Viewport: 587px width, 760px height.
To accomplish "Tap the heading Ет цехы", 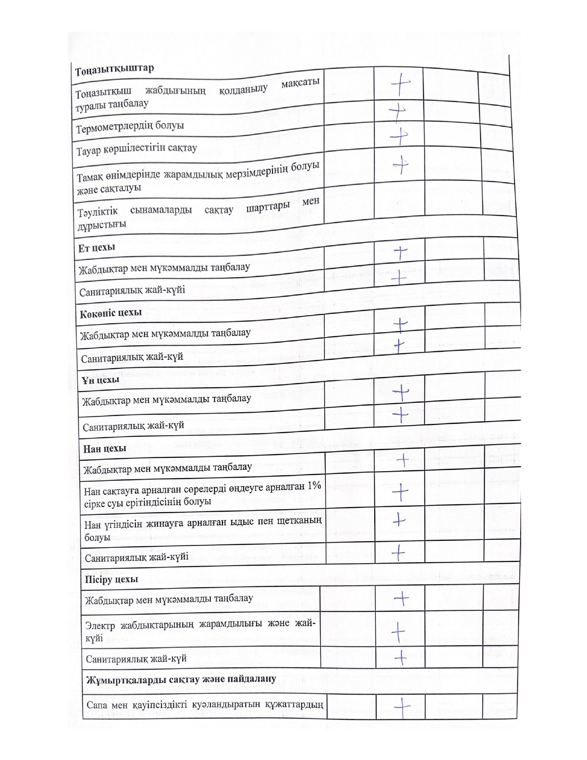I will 97,248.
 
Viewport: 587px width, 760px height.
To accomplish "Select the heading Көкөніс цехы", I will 110,314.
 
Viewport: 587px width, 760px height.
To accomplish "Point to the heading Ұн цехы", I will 101,380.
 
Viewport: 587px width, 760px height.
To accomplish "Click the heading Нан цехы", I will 105,448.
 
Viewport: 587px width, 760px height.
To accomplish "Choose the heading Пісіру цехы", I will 111,579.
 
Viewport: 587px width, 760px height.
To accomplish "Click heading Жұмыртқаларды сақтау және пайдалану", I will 180,679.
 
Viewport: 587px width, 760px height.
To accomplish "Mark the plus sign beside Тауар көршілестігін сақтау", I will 399,136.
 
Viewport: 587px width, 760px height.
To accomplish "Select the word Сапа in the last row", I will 97,705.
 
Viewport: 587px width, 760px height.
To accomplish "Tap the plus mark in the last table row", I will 402,707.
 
